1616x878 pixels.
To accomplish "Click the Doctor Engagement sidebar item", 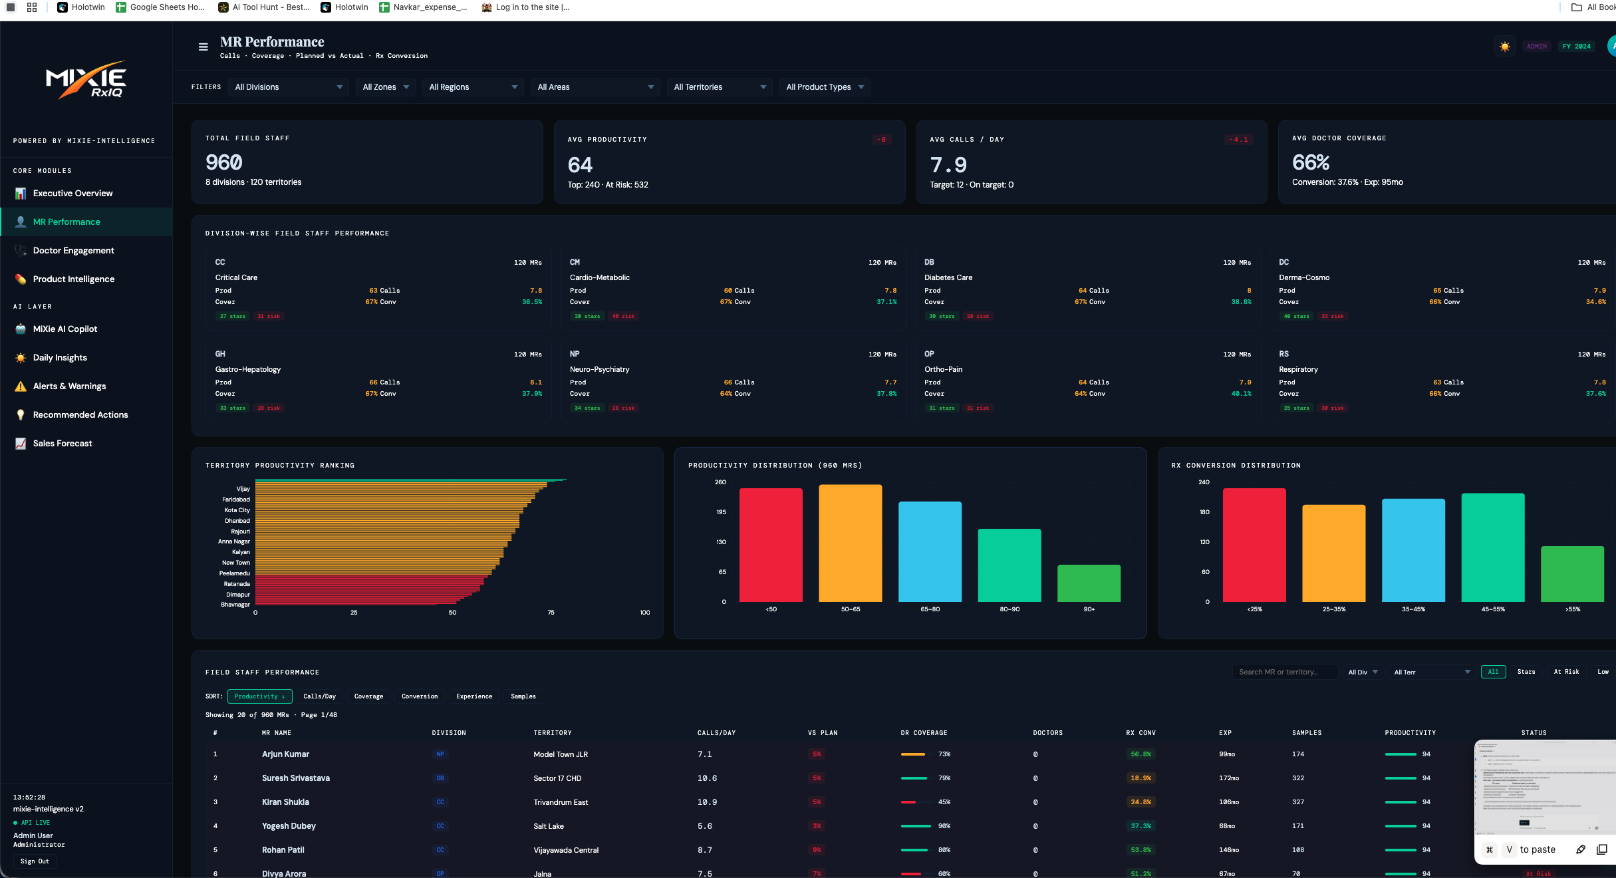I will click(73, 251).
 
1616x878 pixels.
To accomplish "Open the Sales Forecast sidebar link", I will click(63, 444).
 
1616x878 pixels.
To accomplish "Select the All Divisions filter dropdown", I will click(288, 87).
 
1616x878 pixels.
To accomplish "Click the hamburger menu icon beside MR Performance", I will click(203, 47).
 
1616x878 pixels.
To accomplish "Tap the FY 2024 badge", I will click(1576, 47).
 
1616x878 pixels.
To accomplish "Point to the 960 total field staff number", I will click(224, 162).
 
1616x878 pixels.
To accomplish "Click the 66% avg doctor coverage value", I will click(1310, 162).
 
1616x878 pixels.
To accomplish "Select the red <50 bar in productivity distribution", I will click(771, 545).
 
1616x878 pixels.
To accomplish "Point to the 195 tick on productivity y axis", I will click(721, 512).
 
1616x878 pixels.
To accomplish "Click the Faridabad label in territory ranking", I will click(236, 500).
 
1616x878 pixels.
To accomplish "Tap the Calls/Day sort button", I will click(319, 696).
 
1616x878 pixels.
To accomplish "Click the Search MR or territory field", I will click(1283, 672).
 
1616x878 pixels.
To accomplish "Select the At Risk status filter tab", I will click(1565, 672).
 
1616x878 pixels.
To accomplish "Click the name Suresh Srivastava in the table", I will click(295, 778).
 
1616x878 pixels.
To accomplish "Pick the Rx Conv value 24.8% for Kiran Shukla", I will click(1140, 802).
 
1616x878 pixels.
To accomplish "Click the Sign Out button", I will click(35, 861).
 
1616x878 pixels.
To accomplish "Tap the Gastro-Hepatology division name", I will click(247, 369).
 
